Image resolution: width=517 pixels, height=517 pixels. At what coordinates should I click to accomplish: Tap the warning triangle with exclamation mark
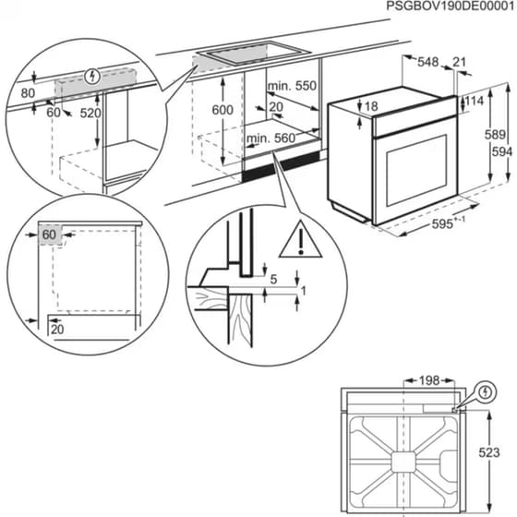(x=297, y=239)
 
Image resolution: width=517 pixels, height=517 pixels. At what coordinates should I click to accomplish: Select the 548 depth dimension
(x=427, y=62)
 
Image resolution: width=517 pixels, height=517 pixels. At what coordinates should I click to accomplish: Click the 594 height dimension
(x=499, y=151)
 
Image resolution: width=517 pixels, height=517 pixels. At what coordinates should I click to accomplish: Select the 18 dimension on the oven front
(x=371, y=107)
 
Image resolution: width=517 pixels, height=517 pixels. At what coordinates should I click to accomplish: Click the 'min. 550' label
(x=292, y=86)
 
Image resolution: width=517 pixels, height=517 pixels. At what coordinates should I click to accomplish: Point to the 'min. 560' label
(x=269, y=139)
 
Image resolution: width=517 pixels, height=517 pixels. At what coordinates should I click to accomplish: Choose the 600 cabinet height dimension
(x=222, y=109)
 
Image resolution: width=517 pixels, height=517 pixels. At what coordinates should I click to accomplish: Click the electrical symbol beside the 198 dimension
(x=486, y=393)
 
